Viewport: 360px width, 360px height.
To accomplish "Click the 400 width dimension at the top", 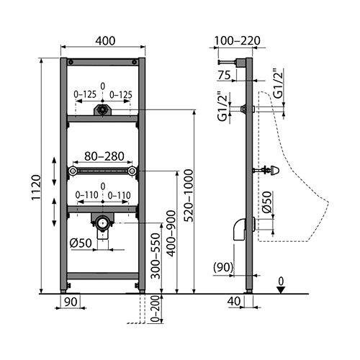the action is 105,41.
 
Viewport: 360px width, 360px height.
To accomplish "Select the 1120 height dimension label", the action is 37,187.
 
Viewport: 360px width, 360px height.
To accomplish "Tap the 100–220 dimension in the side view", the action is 237,40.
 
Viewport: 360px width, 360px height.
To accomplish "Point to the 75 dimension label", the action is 224,75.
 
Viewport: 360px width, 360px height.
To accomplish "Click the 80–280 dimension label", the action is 104,156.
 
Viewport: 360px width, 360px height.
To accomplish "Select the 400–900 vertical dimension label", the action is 171,233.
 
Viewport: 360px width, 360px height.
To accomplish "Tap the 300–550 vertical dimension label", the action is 156,256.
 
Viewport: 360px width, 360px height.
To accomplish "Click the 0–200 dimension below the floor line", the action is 156,309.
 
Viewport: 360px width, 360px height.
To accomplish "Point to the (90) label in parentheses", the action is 223,267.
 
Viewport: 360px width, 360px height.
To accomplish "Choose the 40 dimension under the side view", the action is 234,302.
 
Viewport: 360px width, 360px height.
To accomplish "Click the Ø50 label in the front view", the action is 81,243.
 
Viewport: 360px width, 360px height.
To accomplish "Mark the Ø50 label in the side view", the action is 266,202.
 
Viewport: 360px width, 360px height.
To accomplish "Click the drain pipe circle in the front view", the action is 103,222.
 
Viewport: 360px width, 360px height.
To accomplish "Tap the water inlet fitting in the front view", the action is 103,110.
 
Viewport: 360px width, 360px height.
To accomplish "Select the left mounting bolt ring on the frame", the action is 72,171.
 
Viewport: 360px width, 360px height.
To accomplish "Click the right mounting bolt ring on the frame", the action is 132,171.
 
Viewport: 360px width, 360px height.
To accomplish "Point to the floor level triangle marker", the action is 281,290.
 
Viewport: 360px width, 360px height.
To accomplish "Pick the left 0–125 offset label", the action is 85,94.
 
